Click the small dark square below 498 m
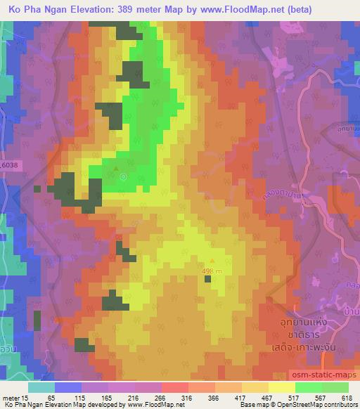207,279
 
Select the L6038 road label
11,164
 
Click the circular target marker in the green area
124,177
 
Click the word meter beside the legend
11,397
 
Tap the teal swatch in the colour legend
41,387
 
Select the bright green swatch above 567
309,387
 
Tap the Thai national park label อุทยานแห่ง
303,322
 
